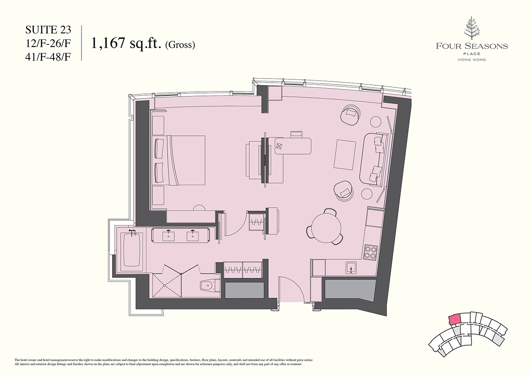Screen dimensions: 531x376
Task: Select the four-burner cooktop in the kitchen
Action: [371, 252]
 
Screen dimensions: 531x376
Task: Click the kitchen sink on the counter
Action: [351, 268]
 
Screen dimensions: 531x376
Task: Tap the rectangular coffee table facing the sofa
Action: [345, 155]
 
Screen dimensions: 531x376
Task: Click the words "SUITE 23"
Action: [48, 30]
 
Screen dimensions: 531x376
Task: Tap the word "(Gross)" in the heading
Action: [180, 44]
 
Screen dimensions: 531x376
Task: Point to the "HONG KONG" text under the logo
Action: [472, 60]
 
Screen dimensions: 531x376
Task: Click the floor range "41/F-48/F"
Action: [48, 57]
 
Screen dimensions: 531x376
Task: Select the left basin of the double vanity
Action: [168, 236]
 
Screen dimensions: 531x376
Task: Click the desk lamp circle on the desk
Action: [279, 146]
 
